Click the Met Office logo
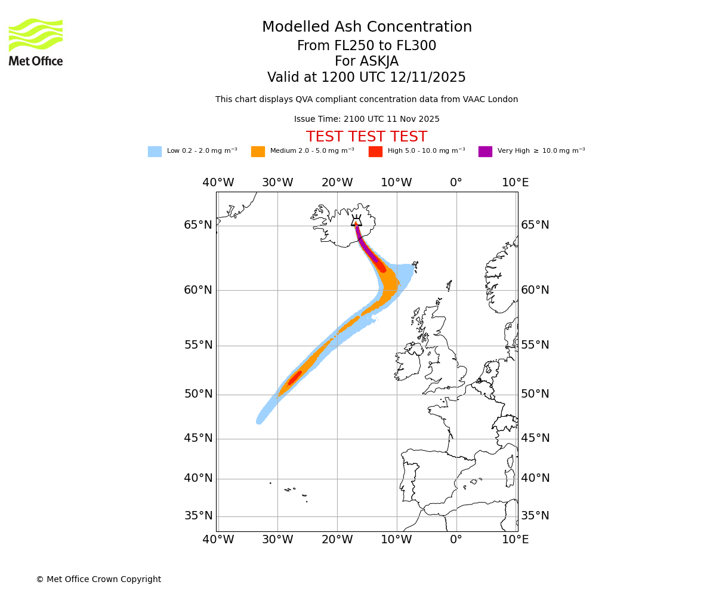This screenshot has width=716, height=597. (x=36, y=42)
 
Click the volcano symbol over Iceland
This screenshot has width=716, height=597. (x=356, y=220)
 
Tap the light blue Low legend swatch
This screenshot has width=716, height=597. (x=155, y=152)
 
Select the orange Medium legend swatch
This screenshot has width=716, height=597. (x=258, y=152)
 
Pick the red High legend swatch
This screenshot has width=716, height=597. (x=375, y=152)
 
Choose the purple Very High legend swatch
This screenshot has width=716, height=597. (x=485, y=152)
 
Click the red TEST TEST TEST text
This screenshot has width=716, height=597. (x=366, y=137)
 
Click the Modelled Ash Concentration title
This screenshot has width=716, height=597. (x=366, y=27)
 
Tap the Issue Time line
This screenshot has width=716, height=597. (x=366, y=119)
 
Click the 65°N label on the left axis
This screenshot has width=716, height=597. (x=198, y=225)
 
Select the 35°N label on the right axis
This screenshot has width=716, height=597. (x=535, y=516)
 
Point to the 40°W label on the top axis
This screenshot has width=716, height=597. (x=218, y=182)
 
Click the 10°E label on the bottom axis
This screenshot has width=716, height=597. (x=515, y=540)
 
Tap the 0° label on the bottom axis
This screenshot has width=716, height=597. (x=456, y=540)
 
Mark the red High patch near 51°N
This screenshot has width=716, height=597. (x=295, y=378)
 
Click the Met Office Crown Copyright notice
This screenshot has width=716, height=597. (x=98, y=579)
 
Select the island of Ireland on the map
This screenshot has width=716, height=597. (x=408, y=364)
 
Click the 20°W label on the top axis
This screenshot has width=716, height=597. (x=337, y=182)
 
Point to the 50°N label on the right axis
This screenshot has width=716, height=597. (x=535, y=394)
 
